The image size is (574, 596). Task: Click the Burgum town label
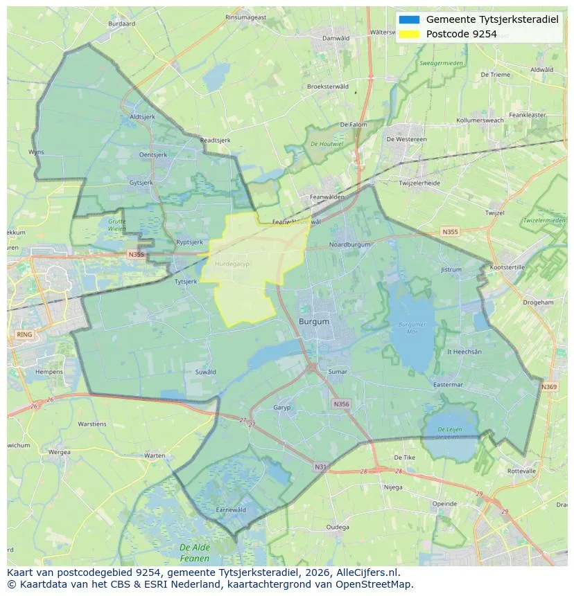[314, 322]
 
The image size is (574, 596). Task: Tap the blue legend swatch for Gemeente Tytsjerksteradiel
[409, 19]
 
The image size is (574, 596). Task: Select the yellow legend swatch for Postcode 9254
[409, 34]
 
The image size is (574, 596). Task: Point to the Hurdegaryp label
[232, 264]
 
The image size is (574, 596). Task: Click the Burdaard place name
[122, 24]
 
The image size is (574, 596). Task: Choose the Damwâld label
[336, 38]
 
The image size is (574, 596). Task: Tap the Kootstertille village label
[507, 267]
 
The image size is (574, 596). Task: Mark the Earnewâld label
[231, 509]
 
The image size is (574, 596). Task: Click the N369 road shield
[548, 387]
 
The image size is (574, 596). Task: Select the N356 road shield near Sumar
[341, 404]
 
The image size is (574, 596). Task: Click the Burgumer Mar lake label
[412, 327]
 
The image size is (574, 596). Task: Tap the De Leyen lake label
[449, 433]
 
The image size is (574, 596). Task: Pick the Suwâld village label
[205, 372]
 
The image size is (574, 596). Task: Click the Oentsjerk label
[153, 155]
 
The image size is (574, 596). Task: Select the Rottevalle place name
[521, 471]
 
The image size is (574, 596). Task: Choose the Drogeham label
[538, 302]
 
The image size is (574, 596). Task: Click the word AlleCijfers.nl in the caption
[366, 572]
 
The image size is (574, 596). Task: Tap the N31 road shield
[320, 467]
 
